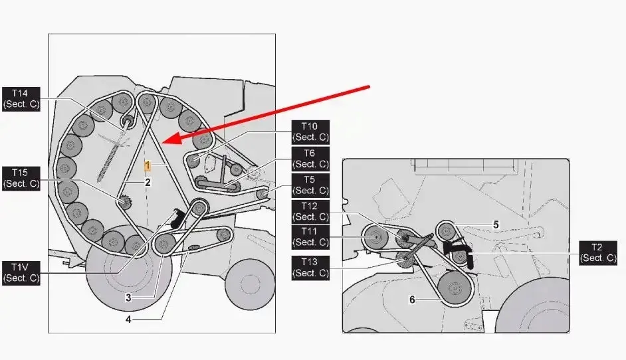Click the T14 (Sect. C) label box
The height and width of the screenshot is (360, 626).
(x=21, y=99)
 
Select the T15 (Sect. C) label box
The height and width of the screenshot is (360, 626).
(x=21, y=179)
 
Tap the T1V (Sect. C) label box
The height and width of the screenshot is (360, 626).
(x=21, y=273)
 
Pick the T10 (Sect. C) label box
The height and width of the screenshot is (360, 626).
(x=310, y=132)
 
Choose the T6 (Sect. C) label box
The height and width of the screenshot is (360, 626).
(x=310, y=159)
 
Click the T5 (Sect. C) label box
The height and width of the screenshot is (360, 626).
(x=310, y=185)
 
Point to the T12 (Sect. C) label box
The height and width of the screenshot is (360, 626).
(x=310, y=212)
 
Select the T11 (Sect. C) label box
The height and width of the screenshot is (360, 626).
(x=310, y=237)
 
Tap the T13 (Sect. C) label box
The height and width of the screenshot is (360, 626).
(x=310, y=268)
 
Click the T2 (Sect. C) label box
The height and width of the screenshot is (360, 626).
(x=597, y=253)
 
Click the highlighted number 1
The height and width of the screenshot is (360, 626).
(x=148, y=165)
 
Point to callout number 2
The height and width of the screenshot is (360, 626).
(x=148, y=183)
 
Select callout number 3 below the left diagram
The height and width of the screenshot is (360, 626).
(x=128, y=298)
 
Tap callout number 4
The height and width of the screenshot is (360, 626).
(x=128, y=319)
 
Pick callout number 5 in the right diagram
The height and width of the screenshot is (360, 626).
(x=496, y=225)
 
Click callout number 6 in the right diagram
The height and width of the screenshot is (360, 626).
(x=413, y=300)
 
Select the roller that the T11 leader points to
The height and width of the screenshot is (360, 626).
(x=375, y=237)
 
